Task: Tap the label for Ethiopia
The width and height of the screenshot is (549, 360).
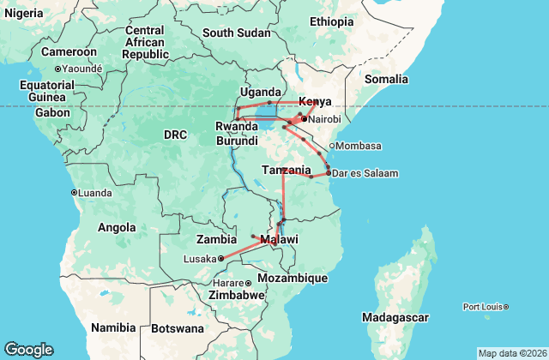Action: click(331, 21)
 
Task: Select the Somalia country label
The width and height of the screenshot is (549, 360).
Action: click(386, 79)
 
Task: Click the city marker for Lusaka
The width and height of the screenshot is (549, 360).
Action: click(220, 258)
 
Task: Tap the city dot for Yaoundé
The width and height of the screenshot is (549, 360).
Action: click(57, 69)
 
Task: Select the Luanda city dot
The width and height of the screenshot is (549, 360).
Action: click(74, 192)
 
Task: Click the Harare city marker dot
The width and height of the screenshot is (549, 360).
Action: click(248, 283)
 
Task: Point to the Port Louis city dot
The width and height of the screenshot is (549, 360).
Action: click(506, 306)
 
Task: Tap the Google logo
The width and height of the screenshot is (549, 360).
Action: click(28, 350)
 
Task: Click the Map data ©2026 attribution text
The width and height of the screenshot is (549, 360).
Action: click(511, 353)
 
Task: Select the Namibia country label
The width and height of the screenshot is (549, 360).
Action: click(114, 327)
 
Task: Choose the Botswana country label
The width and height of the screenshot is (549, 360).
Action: click(178, 328)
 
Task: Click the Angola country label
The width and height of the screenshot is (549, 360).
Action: click(117, 227)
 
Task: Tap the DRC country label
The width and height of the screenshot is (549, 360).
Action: click(175, 135)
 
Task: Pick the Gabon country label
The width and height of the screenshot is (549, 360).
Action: click(52, 112)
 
